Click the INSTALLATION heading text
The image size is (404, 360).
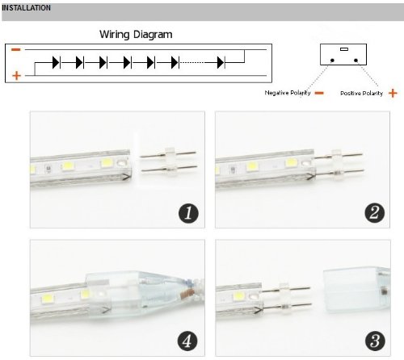[26, 8]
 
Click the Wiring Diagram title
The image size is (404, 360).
[136, 35]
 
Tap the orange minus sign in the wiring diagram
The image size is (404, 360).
[16, 49]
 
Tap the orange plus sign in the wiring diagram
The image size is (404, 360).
[16, 76]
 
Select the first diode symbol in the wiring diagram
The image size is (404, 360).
[56, 63]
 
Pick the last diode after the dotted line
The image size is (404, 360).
[221, 63]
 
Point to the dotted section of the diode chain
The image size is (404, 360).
[191, 63]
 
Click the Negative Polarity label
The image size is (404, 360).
[288, 93]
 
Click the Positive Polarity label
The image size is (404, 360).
[361, 94]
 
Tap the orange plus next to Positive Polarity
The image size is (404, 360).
[393, 93]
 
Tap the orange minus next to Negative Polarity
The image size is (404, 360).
[319, 93]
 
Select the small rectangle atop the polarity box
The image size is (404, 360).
[344, 49]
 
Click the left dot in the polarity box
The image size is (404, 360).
[332, 61]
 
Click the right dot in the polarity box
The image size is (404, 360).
[356, 61]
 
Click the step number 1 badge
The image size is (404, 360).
[188, 213]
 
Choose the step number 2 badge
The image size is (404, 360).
[374, 213]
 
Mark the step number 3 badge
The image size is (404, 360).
[375, 341]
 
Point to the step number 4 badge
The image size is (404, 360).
[187, 341]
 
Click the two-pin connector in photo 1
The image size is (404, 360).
[169, 161]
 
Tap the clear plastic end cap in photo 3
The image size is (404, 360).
[357, 291]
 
